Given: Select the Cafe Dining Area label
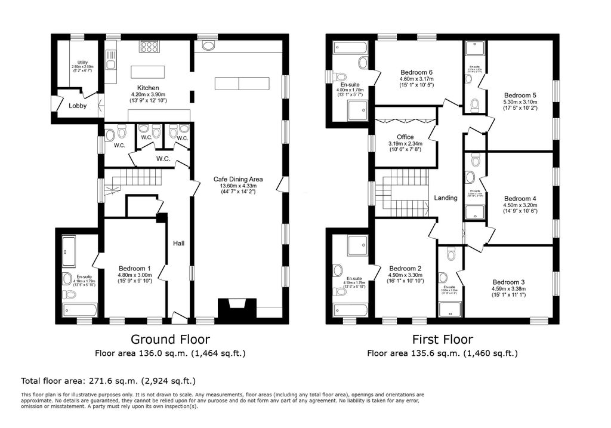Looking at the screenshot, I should tap(239, 178).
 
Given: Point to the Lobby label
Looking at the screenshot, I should tap(78, 106).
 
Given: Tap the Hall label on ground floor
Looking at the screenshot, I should tap(178, 244).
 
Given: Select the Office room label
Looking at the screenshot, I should tap(405, 137).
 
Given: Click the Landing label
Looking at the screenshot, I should tap(445, 198).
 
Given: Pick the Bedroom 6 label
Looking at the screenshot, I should tap(416, 72).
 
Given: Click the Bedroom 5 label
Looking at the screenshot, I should tap(520, 95).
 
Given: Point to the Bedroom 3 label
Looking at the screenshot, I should tap(508, 282).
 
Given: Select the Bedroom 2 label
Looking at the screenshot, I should tap(405, 268).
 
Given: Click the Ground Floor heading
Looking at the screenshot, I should tap(170, 340).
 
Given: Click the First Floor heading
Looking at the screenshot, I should tap(442, 340).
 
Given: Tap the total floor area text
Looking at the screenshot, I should tap(108, 380).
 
